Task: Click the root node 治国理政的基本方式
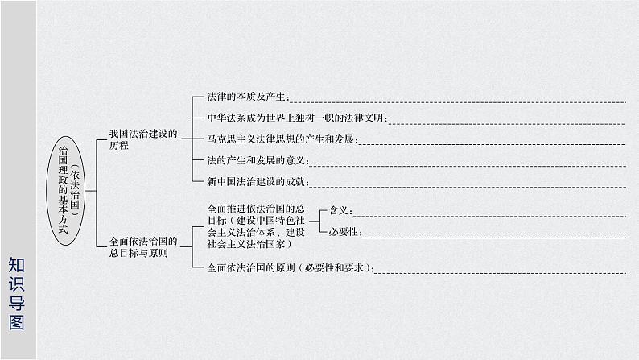pyautogui.click(x=64, y=190)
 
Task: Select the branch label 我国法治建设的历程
pyautogui.click(x=142, y=138)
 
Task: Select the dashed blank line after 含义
pyautogui.click(x=490, y=215)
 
